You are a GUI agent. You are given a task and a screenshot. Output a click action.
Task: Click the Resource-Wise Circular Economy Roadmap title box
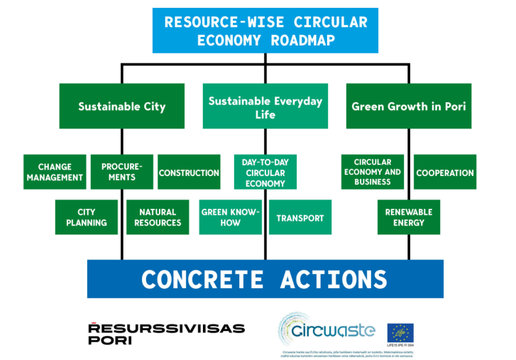tap(265, 31)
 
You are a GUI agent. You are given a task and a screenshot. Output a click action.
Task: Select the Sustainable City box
tap(121, 107)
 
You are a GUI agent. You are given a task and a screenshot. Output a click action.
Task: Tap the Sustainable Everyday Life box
tap(265, 107)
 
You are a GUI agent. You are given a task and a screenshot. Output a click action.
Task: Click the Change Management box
tap(55, 172)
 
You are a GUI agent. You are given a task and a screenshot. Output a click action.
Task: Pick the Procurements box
tap(117, 172)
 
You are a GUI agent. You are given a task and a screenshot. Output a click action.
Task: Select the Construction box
tap(189, 173)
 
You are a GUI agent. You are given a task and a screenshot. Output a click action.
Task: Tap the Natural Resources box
tap(159, 217)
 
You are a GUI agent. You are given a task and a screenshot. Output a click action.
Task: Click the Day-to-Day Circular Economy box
tap(265, 173)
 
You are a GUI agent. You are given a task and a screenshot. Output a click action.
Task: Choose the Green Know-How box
tap(230, 217)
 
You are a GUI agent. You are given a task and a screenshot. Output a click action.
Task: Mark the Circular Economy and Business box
tap(373, 172)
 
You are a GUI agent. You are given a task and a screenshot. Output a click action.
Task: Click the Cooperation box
tap(444, 173)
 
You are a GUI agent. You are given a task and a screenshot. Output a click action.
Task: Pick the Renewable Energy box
tap(409, 217)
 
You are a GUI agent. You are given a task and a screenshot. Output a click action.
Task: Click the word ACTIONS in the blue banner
tap(334, 279)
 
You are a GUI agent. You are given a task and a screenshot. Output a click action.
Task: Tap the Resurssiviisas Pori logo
tap(166, 333)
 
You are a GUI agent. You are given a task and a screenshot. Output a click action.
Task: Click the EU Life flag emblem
tap(400, 332)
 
